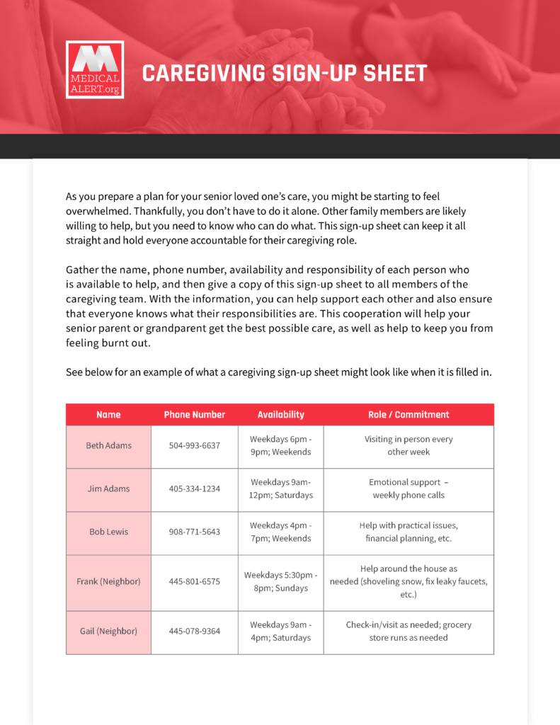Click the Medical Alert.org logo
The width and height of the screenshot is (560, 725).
(95, 69)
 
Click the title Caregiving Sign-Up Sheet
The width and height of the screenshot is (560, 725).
(285, 73)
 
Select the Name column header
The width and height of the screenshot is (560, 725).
(108, 415)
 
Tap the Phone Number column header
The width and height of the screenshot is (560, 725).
(195, 415)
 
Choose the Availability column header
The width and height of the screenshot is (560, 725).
(281, 415)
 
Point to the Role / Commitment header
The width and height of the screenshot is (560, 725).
(408, 415)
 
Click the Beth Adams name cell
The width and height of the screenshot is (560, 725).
(108, 446)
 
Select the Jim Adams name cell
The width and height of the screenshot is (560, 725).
(108, 489)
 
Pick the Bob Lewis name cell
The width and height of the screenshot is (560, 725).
(108, 532)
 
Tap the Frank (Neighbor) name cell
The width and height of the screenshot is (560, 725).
(108, 582)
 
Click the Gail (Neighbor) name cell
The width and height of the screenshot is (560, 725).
(108, 632)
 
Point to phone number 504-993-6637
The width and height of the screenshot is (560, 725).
(195, 446)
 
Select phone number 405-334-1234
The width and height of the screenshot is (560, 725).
(195, 489)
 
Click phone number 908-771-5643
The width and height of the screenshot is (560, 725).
(195, 532)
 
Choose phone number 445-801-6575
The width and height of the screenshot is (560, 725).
(195, 582)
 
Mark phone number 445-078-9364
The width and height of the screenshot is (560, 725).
(195, 632)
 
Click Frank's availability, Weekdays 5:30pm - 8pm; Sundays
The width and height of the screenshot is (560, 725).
(281, 582)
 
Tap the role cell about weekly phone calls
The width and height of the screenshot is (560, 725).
(408, 489)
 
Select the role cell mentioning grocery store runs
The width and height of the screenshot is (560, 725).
(408, 632)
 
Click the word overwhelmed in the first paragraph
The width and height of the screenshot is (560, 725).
(97, 212)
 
